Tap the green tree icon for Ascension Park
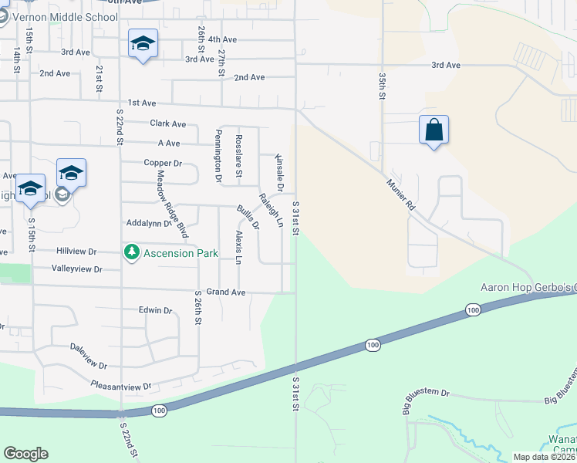[132, 252]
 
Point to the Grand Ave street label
[225, 292]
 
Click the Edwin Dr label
[155, 310]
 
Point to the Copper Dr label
[162, 163]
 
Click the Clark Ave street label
[168, 123]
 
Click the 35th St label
[382, 87]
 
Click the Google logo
[25, 454]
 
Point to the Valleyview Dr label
[76, 269]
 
